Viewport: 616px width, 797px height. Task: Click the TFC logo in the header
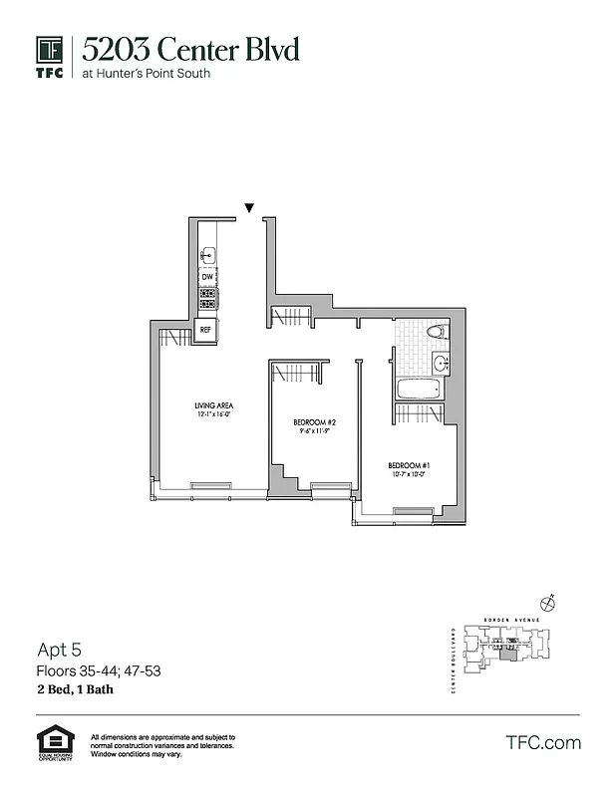coord(50,58)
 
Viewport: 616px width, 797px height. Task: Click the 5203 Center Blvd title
coord(190,49)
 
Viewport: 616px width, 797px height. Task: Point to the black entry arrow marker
coord(249,208)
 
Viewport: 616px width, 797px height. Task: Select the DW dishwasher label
coord(207,276)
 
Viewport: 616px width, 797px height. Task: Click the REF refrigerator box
coord(206,329)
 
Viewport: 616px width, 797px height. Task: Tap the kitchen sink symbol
coord(207,255)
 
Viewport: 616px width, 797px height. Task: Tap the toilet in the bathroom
coord(436,332)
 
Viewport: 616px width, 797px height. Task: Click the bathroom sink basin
coord(441,362)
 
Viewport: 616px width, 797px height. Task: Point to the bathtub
coord(418,391)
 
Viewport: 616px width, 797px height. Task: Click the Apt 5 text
coord(56,651)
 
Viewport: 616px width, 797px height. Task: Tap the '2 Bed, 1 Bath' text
coord(79,689)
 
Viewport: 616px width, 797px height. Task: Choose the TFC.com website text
coord(542,742)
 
